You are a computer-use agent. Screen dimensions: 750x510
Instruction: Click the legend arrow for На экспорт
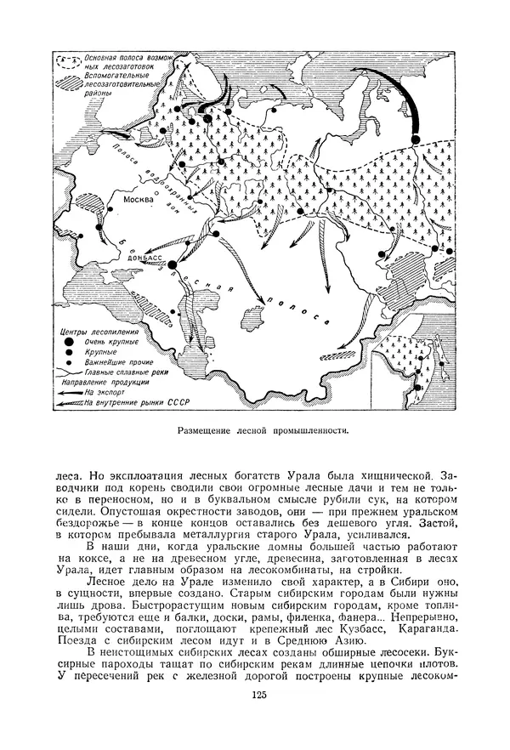pyautogui.click(x=71, y=393)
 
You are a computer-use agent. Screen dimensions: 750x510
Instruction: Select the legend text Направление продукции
pyautogui.click(x=99, y=383)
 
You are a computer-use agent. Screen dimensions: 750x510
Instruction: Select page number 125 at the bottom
pyautogui.click(x=259, y=696)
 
